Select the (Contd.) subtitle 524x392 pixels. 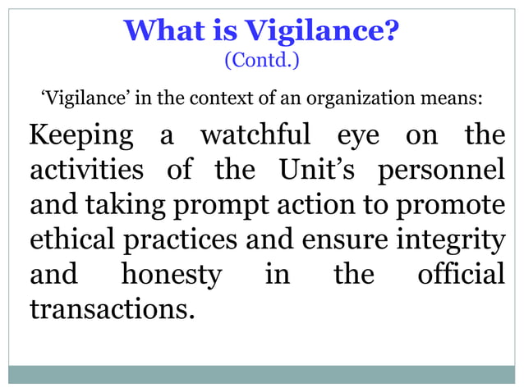262,61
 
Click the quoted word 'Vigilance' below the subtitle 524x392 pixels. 76,100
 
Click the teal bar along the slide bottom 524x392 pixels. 262,374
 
